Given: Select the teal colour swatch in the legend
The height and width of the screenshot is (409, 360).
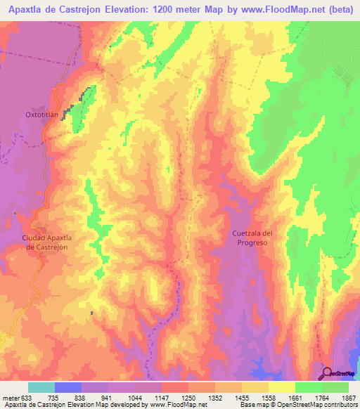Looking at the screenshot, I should click(41, 387).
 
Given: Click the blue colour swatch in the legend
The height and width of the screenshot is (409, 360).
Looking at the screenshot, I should click(67, 387).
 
